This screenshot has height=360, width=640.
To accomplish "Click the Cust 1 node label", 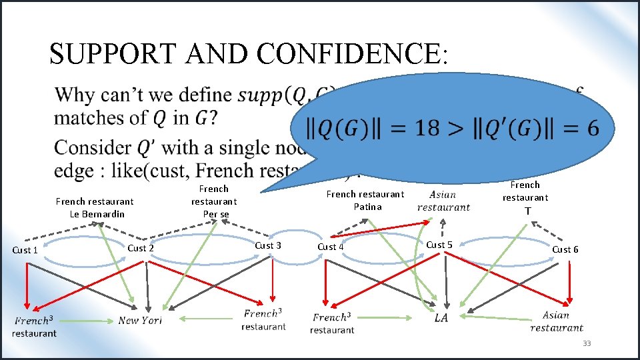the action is pyautogui.click(x=25, y=250).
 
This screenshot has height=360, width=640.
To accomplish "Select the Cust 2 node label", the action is pyautogui.click(x=141, y=248).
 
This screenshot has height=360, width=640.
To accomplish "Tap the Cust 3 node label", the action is pyautogui.click(x=268, y=245).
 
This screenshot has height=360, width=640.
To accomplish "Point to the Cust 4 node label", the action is pyautogui.click(x=331, y=247).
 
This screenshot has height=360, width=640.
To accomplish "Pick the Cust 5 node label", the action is pyautogui.click(x=439, y=245).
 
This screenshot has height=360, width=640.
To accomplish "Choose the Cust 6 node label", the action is pyautogui.click(x=565, y=249).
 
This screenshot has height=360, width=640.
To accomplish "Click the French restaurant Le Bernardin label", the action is pyautogui.click(x=94, y=207).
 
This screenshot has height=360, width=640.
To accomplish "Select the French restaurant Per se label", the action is pyautogui.click(x=214, y=201).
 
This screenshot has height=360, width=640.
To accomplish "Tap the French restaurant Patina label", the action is pyautogui.click(x=365, y=200).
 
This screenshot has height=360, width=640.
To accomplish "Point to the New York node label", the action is pyautogui.click(x=140, y=321).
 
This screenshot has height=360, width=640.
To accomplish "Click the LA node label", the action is pyautogui.click(x=441, y=318).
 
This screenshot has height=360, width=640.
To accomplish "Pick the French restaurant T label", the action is pyautogui.click(x=525, y=197).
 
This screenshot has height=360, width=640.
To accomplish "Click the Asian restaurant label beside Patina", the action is pyautogui.click(x=443, y=201).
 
